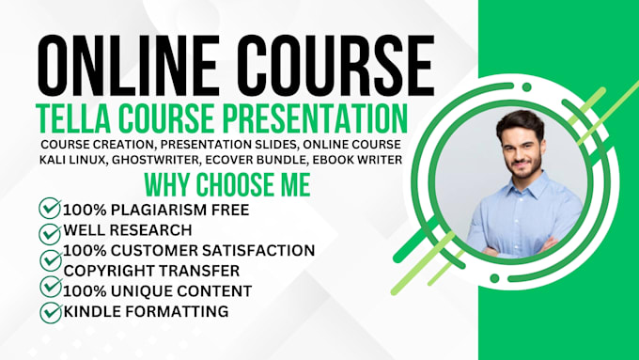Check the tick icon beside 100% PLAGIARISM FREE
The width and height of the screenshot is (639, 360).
point(49,209)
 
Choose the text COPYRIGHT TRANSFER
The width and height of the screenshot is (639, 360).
point(141,270)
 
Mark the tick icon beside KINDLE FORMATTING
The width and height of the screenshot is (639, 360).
point(49,311)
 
